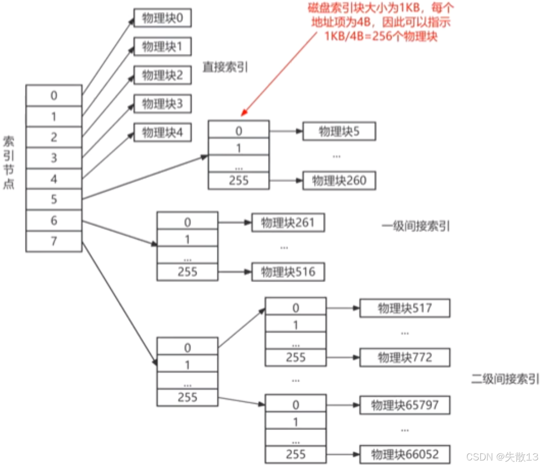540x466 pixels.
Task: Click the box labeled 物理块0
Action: pos(162,18)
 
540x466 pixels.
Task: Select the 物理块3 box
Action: pos(162,104)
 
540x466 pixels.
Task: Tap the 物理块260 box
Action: pos(339,180)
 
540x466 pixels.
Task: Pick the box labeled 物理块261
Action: pos(288,223)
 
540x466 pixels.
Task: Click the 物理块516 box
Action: pos(288,271)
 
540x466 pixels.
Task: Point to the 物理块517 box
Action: pos(405,308)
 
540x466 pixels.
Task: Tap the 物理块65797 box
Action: pos(405,405)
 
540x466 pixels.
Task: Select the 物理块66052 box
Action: pos(405,454)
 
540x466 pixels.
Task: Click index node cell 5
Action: pos(54,200)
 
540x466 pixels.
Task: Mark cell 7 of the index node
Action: pos(54,241)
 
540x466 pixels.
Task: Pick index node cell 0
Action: pos(54,96)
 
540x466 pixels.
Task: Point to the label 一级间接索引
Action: pos(416,226)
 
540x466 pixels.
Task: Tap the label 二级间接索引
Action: pos(505,379)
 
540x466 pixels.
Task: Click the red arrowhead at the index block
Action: pos(244,112)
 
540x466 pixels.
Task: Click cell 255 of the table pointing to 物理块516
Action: pos(187,272)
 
